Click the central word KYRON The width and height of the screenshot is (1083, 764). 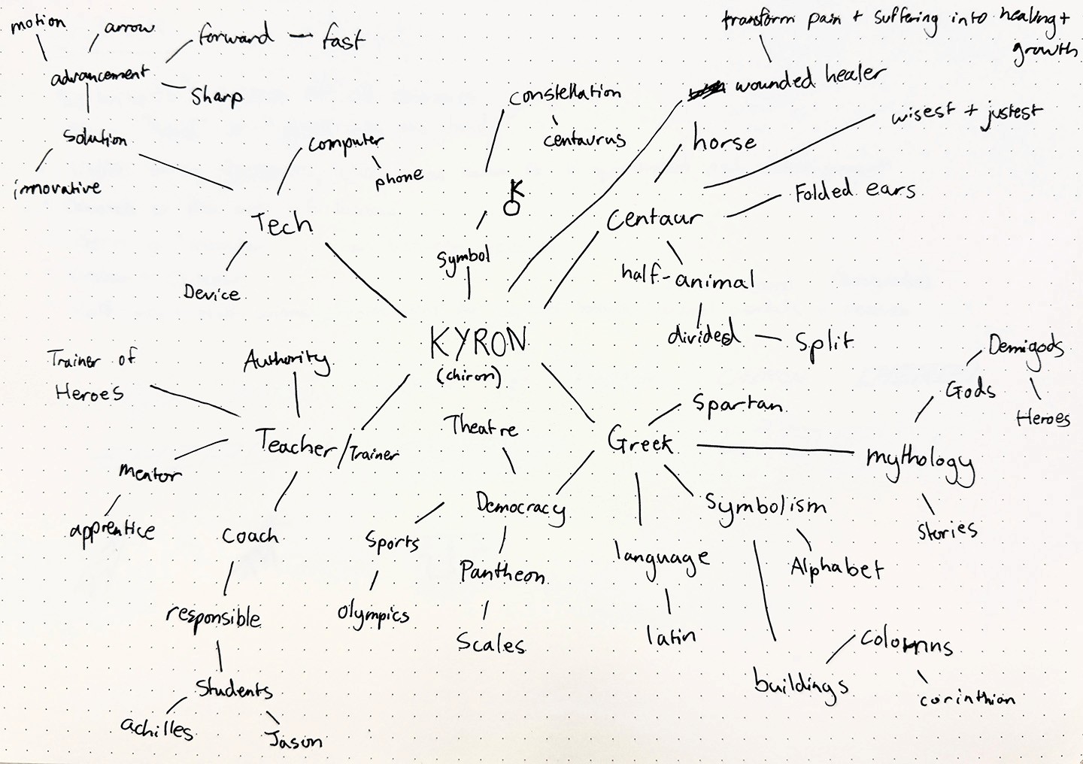pos(478,343)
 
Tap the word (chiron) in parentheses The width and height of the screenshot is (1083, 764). pos(469,376)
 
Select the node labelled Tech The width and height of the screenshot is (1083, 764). pos(282,223)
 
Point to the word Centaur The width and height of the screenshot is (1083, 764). pos(654,219)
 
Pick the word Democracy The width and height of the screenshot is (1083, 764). pos(520,506)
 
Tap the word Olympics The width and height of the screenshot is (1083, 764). pos(373,615)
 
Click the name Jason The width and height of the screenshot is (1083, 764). pos(296,740)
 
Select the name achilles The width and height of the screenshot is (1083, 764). pos(157,727)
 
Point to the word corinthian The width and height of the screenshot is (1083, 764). pos(967,699)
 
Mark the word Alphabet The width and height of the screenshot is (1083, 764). pos(836,568)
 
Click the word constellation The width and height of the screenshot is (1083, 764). pos(565,95)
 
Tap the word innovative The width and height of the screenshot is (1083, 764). pos(57,187)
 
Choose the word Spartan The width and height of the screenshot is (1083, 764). pos(737,405)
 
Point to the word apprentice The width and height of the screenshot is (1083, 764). pos(113,530)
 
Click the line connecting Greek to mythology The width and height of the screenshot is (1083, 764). pos(775,449)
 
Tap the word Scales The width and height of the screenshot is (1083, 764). pos(491,644)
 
